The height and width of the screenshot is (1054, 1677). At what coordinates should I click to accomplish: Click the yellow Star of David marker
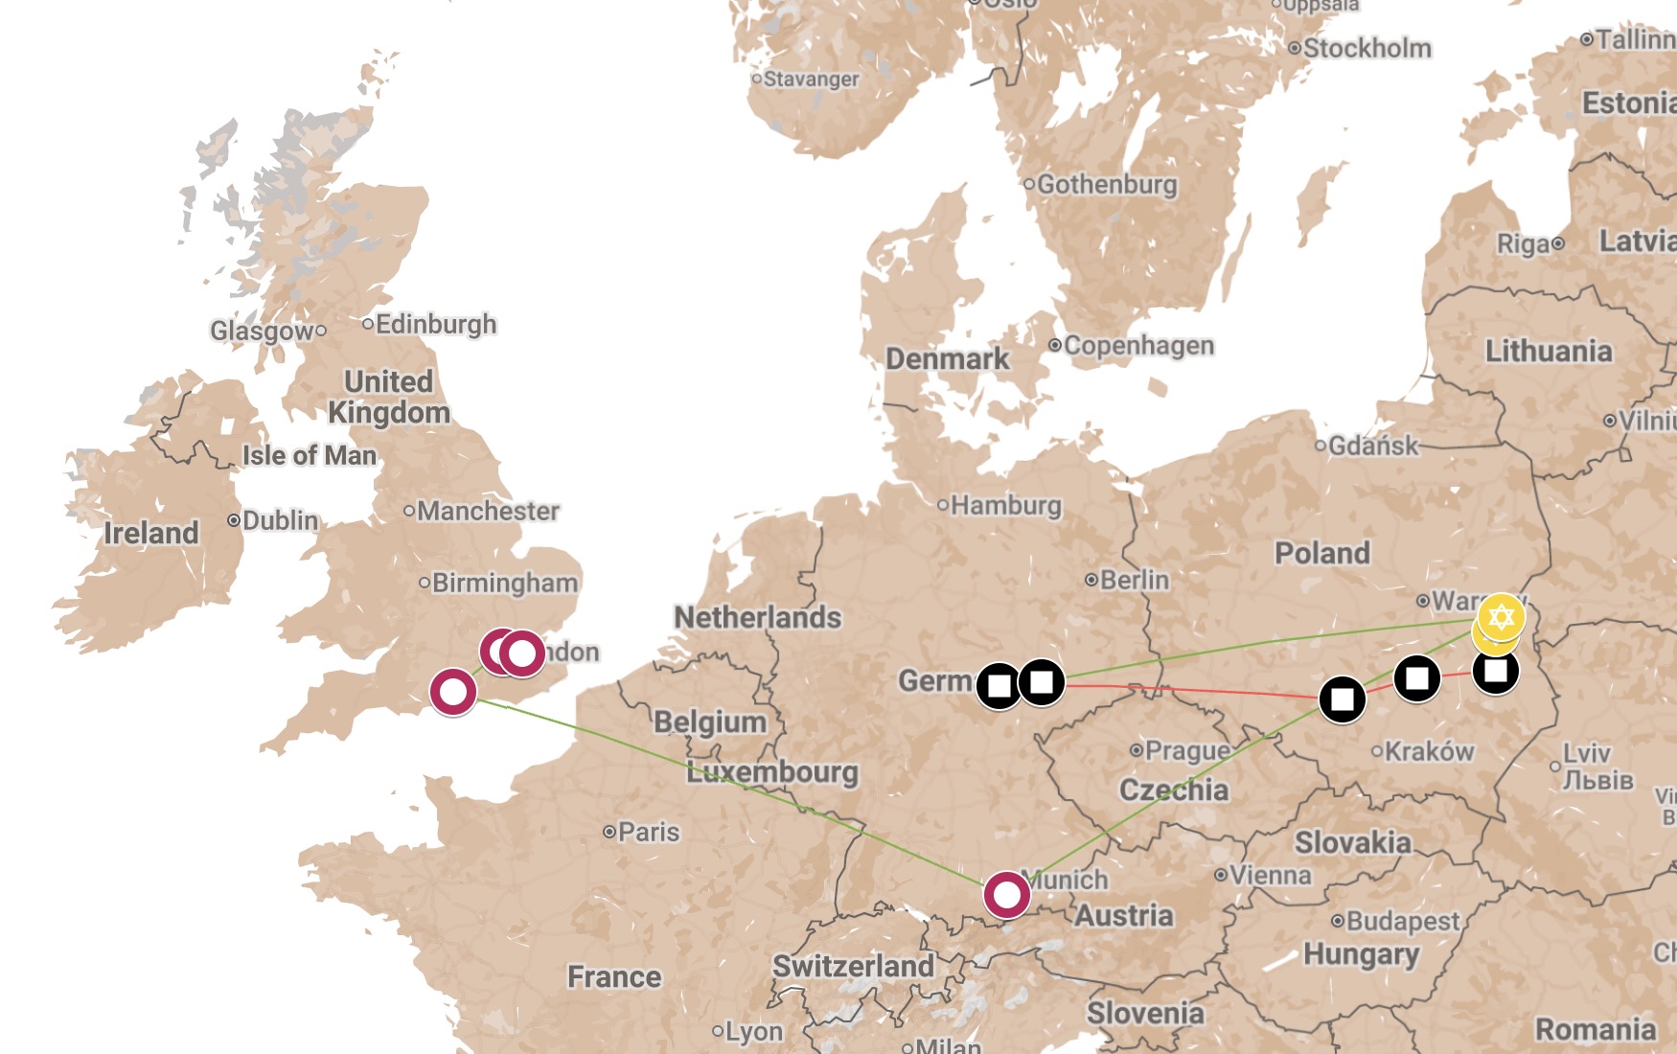pyautogui.click(x=1501, y=617)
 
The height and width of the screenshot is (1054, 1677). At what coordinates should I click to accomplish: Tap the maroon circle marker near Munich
pyautogui.click(x=1006, y=895)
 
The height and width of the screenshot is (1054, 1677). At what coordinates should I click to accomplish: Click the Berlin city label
pyautogui.click(x=1134, y=580)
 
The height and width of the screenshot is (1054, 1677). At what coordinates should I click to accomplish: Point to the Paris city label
pyautogui.click(x=648, y=832)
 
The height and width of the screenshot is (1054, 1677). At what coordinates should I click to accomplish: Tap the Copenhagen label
pyautogui.click(x=1138, y=345)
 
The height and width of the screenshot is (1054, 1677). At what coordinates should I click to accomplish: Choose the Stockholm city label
pyautogui.click(x=1367, y=48)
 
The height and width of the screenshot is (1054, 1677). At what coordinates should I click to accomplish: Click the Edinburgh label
pyautogui.click(x=435, y=324)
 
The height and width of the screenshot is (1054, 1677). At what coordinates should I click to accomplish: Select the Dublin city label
pyautogui.click(x=280, y=520)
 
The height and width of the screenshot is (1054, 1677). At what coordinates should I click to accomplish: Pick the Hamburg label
pyautogui.click(x=1005, y=505)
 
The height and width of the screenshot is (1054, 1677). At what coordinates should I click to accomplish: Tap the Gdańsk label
pyautogui.click(x=1372, y=446)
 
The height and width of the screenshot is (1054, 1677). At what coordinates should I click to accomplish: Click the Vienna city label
pyautogui.click(x=1270, y=875)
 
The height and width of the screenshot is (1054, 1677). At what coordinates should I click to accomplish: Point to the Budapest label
pyautogui.click(x=1402, y=921)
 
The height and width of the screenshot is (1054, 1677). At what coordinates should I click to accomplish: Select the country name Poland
pyautogui.click(x=1321, y=553)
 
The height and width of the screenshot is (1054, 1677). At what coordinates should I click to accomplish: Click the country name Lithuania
pyautogui.click(x=1548, y=352)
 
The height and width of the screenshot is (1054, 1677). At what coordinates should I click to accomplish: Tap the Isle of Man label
pyautogui.click(x=309, y=455)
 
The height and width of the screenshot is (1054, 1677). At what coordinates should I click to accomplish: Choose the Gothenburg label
pyautogui.click(x=1106, y=184)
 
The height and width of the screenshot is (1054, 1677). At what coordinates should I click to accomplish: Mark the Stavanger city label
pyautogui.click(x=811, y=79)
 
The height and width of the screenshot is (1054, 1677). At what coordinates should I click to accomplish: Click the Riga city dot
pyautogui.click(x=1558, y=243)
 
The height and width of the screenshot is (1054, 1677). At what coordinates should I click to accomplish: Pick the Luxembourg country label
pyautogui.click(x=771, y=772)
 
